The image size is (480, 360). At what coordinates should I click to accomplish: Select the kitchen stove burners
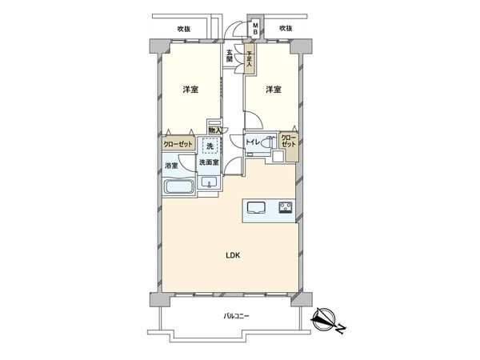pyautogui.click(x=285, y=209)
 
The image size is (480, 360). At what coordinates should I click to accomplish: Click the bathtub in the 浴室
pyautogui.click(x=178, y=187)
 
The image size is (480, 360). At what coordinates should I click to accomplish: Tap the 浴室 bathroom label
pyautogui.click(x=171, y=166)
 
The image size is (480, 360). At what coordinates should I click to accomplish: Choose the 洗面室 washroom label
pyautogui.click(x=210, y=162)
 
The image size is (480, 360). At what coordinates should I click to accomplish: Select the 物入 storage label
pyautogui.click(x=214, y=130)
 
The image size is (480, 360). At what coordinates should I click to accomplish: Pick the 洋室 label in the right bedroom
pyautogui.click(x=274, y=90)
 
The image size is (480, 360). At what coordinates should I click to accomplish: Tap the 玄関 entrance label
pyautogui.click(x=230, y=56)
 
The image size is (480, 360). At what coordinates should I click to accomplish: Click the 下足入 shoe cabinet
pyautogui.click(x=250, y=61)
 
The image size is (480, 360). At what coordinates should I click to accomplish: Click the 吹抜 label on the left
pyautogui.click(x=184, y=29)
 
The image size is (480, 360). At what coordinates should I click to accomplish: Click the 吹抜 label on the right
pyautogui.click(x=286, y=29)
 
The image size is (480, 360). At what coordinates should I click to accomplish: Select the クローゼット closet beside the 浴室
pyautogui.click(x=176, y=145)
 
